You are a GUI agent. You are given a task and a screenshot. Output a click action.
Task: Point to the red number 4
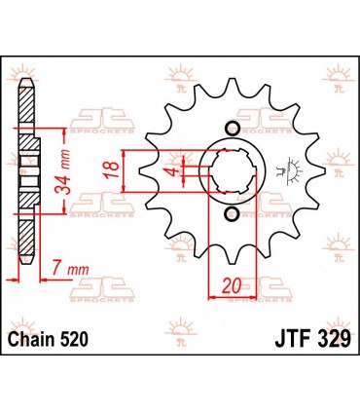click(x=167, y=174)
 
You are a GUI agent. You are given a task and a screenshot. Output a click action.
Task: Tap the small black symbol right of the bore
click(x=285, y=172)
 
